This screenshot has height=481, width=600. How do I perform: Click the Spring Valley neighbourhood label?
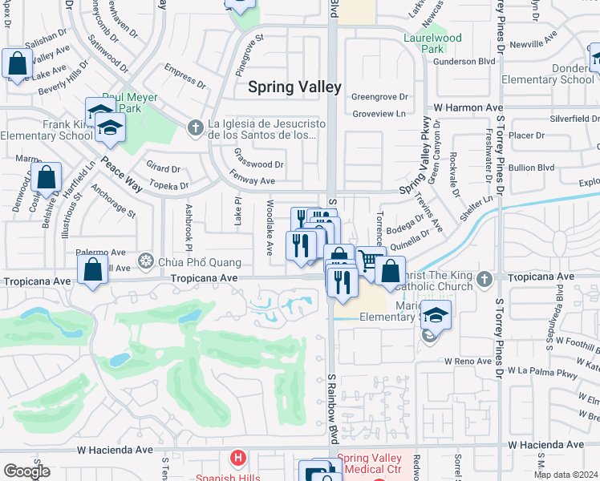(294, 87)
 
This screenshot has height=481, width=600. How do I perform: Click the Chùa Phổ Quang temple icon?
(145, 260)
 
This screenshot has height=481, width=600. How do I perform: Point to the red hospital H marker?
(237, 459)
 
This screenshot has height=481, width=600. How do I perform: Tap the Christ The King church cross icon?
(483, 279)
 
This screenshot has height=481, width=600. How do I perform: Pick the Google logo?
(27, 471)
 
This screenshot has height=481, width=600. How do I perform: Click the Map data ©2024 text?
(566, 475)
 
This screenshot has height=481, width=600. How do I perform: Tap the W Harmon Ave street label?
(468, 107)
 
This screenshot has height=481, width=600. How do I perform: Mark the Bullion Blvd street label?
(533, 168)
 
